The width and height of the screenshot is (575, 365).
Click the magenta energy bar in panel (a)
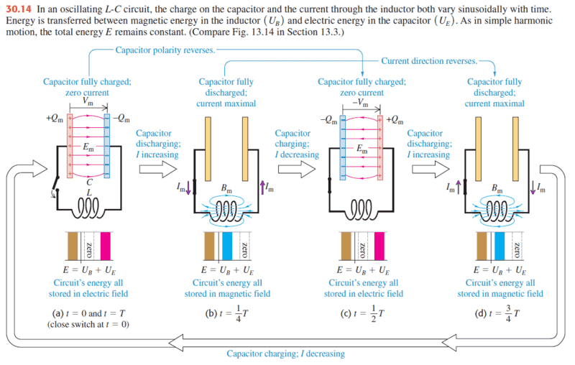coord(106,246)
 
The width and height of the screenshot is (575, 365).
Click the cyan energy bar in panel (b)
coord(227,246)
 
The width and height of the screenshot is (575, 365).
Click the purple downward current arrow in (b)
coord(190,189)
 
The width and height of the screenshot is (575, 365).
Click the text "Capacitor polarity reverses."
coord(165,51)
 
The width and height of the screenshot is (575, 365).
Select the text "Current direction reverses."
coord(428,61)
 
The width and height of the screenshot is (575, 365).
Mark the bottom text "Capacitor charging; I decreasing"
coord(285,354)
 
